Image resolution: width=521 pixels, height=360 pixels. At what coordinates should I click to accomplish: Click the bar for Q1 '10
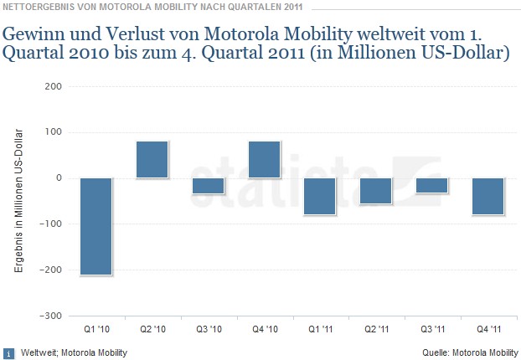96,226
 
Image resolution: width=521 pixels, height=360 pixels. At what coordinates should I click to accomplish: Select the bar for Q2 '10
152,159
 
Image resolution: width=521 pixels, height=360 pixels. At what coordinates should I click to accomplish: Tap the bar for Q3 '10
209,186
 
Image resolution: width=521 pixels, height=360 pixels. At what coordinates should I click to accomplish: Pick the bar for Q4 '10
265,159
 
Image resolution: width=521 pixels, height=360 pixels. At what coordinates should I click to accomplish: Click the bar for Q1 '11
320,196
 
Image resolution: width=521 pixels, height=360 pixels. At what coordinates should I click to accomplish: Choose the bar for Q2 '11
376,191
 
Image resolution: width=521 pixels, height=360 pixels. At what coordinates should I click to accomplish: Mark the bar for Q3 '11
432,186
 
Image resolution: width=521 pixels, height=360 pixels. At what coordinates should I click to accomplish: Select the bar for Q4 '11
488,196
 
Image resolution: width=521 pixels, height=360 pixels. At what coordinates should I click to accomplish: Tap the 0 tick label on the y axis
57,178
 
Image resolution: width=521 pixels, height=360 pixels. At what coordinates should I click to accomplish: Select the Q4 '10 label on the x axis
265,329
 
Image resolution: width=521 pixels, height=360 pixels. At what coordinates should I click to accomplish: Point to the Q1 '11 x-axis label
320,329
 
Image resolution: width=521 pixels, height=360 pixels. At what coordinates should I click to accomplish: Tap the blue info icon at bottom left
8,352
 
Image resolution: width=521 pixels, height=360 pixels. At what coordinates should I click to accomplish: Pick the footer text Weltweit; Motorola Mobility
73,352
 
